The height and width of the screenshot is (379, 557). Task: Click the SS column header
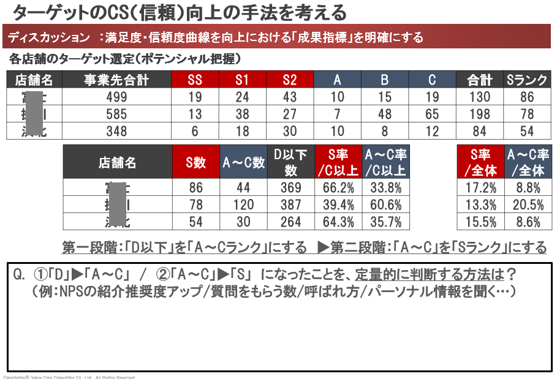click(x=194, y=80)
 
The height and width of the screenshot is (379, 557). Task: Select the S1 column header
click(x=242, y=80)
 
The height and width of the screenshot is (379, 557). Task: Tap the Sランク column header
click(x=527, y=80)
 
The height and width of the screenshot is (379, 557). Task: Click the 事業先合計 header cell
click(x=116, y=80)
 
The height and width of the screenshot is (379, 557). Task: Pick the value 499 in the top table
click(x=116, y=97)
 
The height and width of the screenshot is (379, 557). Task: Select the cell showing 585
click(x=116, y=114)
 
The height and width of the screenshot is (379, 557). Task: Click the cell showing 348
click(x=116, y=130)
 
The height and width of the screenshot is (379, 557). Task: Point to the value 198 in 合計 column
click(x=480, y=114)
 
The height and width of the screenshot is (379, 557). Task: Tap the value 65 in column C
click(x=432, y=114)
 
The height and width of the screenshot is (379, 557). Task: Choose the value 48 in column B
click(x=385, y=114)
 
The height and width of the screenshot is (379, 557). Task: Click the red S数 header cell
click(x=195, y=162)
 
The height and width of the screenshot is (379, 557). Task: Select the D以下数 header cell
click(x=290, y=162)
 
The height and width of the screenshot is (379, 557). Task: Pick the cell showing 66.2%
click(x=338, y=188)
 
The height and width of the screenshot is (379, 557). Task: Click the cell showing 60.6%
click(x=386, y=205)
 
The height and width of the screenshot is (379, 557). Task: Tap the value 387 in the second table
click(x=290, y=205)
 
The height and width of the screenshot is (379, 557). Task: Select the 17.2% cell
click(x=481, y=188)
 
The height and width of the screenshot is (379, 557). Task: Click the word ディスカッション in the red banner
click(x=48, y=38)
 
